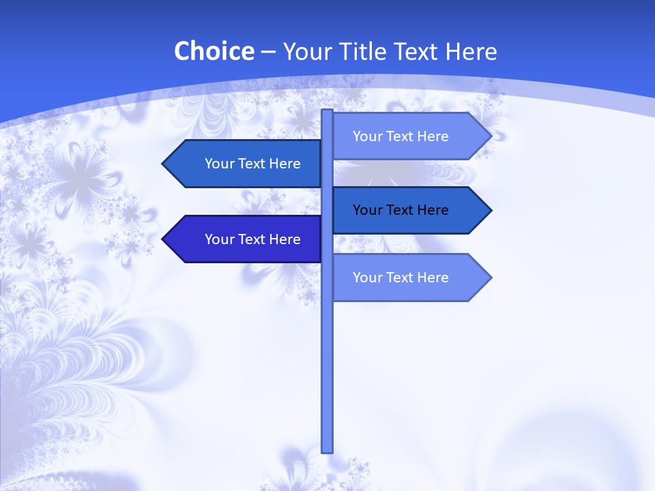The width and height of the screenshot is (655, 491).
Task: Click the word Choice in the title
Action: click(214, 51)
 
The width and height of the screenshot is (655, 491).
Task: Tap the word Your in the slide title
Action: click(306, 51)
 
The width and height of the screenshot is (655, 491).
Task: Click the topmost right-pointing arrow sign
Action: click(409, 136)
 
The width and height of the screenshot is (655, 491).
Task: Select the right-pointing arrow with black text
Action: click(409, 210)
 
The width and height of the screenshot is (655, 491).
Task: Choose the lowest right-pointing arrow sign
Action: click(409, 278)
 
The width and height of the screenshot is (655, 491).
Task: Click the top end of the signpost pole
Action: click(327, 112)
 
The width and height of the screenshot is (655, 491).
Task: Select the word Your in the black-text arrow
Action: click(367, 210)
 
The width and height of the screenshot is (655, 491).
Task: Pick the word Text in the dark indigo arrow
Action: click(253, 239)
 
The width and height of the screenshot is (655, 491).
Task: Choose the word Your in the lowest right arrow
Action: click(367, 278)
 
